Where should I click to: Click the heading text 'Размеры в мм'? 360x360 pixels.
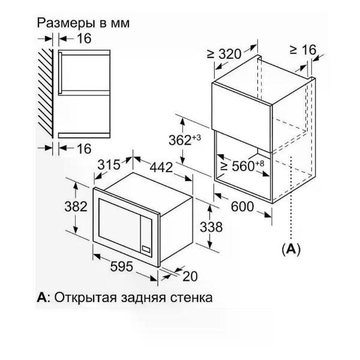pyautogui.click(x=83, y=23)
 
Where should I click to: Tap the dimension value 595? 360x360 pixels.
pyautogui.click(x=121, y=266)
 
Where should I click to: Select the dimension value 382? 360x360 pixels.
pyautogui.click(x=76, y=206)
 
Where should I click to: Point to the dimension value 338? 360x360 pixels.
pyautogui.click(x=211, y=227)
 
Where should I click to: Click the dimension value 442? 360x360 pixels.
pyautogui.click(x=161, y=167)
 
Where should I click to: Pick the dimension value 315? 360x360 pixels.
pyautogui.click(x=109, y=164)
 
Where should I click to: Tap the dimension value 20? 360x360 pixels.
pyautogui.click(x=190, y=276)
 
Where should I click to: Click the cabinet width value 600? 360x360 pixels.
pyautogui.click(x=242, y=206)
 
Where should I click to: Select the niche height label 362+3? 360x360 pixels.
pyautogui.click(x=185, y=140)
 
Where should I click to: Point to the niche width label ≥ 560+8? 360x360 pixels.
pyautogui.click(x=242, y=166)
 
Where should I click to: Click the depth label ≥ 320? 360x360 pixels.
pyautogui.click(x=224, y=54)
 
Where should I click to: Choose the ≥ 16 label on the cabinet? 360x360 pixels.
pyautogui.click(x=303, y=50)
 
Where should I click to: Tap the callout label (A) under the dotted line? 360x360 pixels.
pyautogui.click(x=291, y=249)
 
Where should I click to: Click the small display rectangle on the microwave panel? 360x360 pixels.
pyautogui.click(x=146, y=249)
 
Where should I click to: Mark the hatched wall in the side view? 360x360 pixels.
pyautogui.click(x=46, y=94)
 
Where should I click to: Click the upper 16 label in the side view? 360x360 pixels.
pyautogui.click(x=84, y=38)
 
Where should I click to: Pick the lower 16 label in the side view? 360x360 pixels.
pyautogui.click(x=84, y=149)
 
